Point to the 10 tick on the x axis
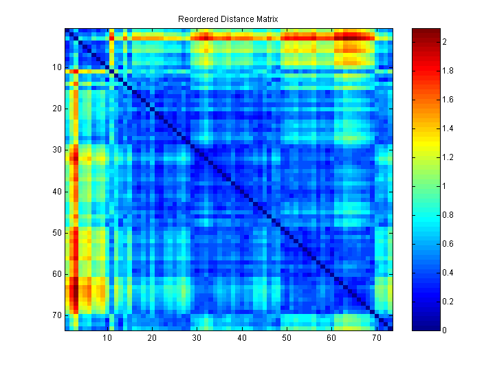coord(107,338)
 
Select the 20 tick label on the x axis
coord(152,338)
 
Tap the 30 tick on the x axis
coord(197,338)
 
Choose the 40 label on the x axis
coord(242,338)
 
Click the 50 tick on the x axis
coord(287,338)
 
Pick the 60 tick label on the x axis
coord(332,338)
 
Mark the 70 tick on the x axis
coord(377,338)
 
